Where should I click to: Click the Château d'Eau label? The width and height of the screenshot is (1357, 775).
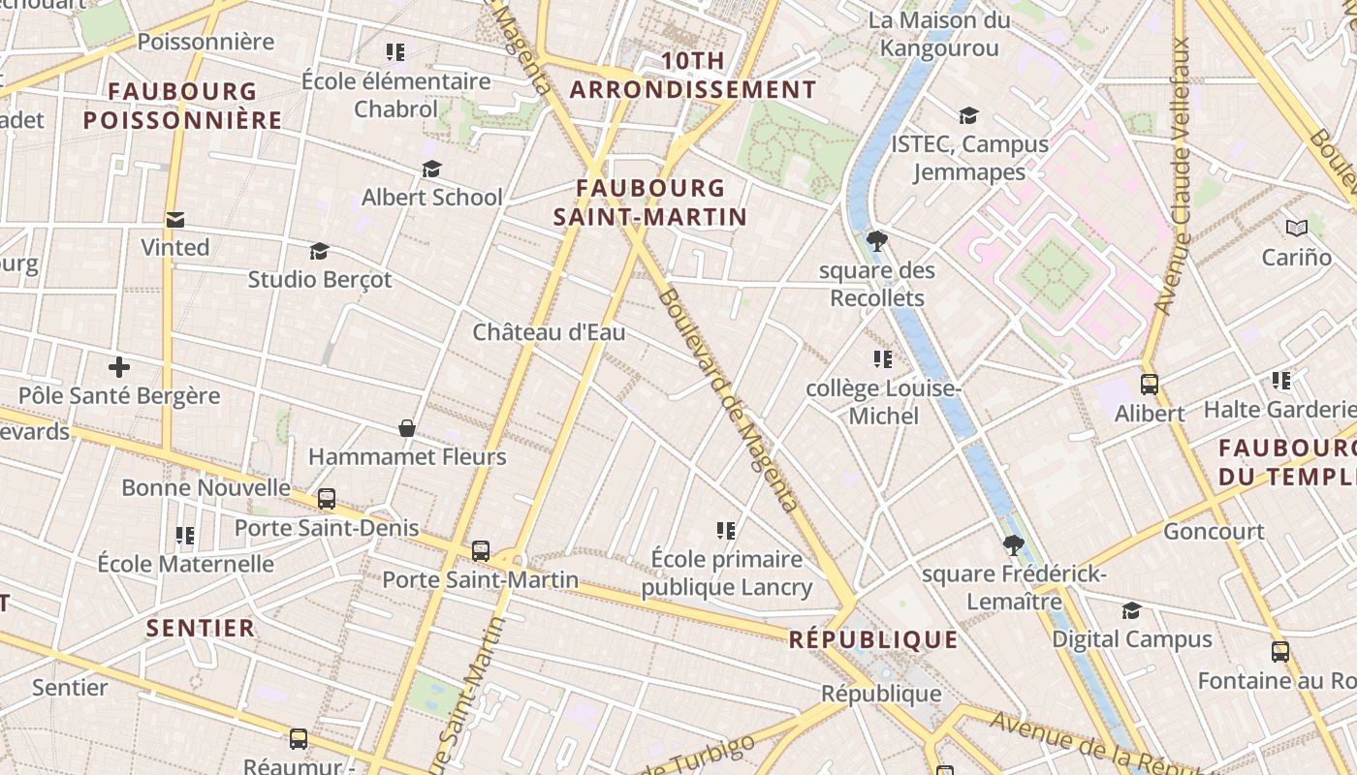pos(549,332)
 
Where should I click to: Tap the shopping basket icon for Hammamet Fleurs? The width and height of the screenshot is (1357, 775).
pos(407,428)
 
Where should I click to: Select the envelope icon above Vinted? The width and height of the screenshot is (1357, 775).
pos(175,220)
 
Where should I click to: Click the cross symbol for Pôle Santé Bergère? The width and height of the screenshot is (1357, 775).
pos(119,368)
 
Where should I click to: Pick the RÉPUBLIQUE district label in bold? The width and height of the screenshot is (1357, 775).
pos(873,639)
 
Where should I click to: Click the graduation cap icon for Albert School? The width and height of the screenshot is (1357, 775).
pos(431,170)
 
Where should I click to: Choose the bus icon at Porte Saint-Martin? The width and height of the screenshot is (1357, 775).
pos(481,551)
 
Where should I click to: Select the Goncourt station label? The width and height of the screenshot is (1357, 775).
pos(1214,531)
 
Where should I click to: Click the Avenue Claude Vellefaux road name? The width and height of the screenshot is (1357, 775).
pos(1172,174)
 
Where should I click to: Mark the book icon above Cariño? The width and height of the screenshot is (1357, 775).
pos(1297,229)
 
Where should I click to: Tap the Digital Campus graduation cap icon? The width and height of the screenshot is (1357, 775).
pos(1131,610)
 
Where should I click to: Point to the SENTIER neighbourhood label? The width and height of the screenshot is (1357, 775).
pos(201,628)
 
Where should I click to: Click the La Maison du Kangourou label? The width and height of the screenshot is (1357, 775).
pos(938,34)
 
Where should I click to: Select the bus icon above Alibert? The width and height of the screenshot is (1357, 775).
pos(1150,385)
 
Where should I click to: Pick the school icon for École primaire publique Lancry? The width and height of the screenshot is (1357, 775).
pos(726,530)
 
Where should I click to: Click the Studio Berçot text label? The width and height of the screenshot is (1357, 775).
pos(320,280)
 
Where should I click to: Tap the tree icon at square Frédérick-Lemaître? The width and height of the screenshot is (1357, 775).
pos(1014,545)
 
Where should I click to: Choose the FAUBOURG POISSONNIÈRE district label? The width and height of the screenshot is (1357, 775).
pos(182,107)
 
